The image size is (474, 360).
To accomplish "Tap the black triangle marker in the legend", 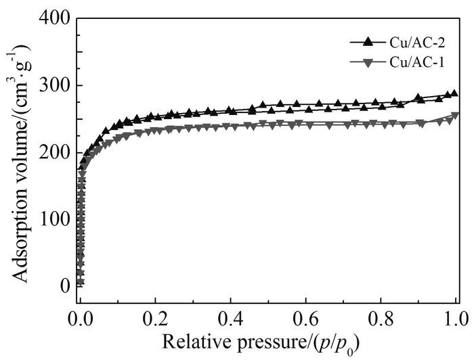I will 367,41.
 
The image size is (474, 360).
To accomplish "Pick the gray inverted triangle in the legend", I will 367,62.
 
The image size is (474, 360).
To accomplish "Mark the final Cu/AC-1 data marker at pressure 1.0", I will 455,116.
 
